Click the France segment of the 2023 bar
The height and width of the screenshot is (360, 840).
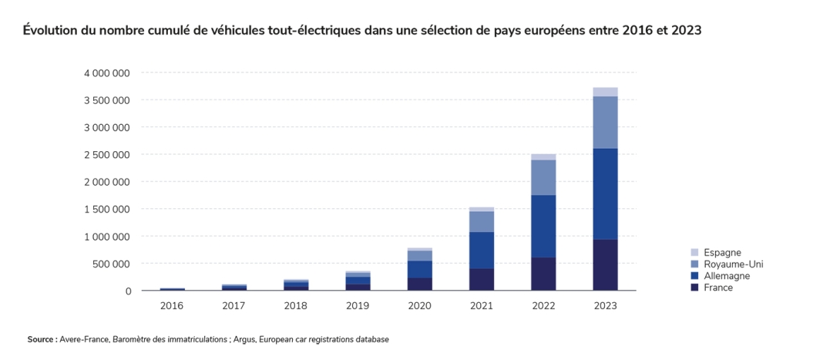point(605,264)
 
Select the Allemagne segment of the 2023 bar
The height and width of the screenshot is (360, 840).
point(605,194)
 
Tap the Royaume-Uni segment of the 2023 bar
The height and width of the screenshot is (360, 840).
point(605,123)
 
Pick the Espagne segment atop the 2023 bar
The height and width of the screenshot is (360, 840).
point(605,93)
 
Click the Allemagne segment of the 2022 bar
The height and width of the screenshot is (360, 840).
point(543,226)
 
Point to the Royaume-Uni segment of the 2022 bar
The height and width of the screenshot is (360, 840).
point(543,177)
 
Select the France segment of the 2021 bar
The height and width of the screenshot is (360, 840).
point(482,280)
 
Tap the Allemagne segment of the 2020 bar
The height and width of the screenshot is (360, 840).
point(419,270)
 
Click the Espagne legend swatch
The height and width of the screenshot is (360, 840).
point(694,252)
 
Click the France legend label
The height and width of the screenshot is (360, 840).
point(718,288)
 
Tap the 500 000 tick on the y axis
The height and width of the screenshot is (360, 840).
point(113,264)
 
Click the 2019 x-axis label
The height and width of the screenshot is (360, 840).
point(358,306)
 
